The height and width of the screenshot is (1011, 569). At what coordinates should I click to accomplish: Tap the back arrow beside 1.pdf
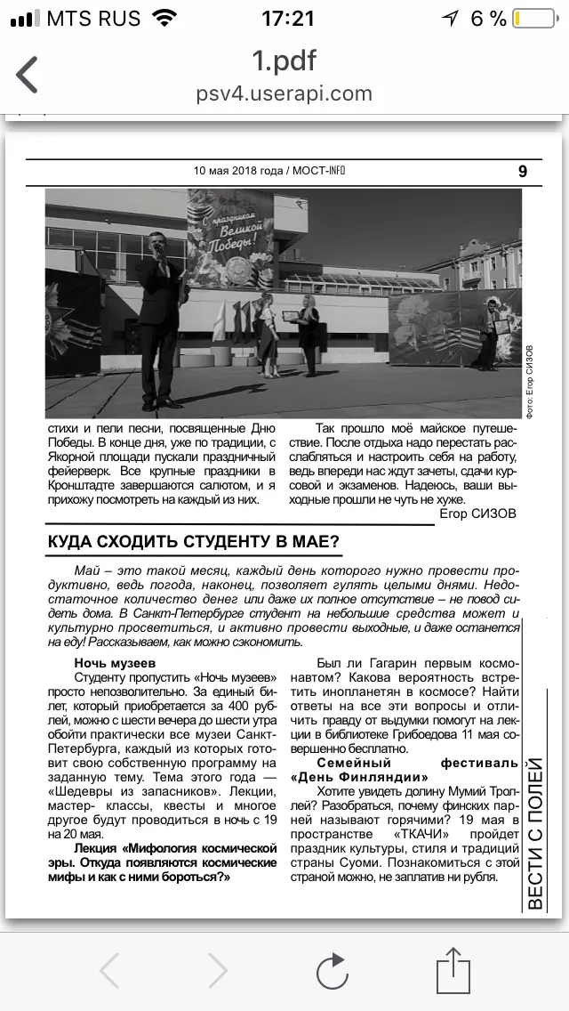click(x=28, y=75)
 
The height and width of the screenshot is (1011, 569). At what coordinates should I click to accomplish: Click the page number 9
click(x=523, y=172)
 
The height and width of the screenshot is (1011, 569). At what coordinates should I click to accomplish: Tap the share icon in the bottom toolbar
click(x=453, y=969)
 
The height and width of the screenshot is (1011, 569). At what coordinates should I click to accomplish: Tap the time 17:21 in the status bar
click(x=288, y=19)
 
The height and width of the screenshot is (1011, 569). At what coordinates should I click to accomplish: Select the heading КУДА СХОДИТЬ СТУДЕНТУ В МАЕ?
click(x=193, y=541)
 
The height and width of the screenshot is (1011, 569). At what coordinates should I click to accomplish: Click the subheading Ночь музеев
click(x=115, y=663)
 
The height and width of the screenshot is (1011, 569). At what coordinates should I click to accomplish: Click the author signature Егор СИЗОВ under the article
click(x=478, y=514)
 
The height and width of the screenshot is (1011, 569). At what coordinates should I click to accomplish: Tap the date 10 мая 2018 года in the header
click(x=239, y=171)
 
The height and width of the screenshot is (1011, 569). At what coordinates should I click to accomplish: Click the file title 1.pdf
click(x=284, y=61)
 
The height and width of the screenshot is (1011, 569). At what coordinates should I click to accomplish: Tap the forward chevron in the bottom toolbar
click(x=217, y=969)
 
